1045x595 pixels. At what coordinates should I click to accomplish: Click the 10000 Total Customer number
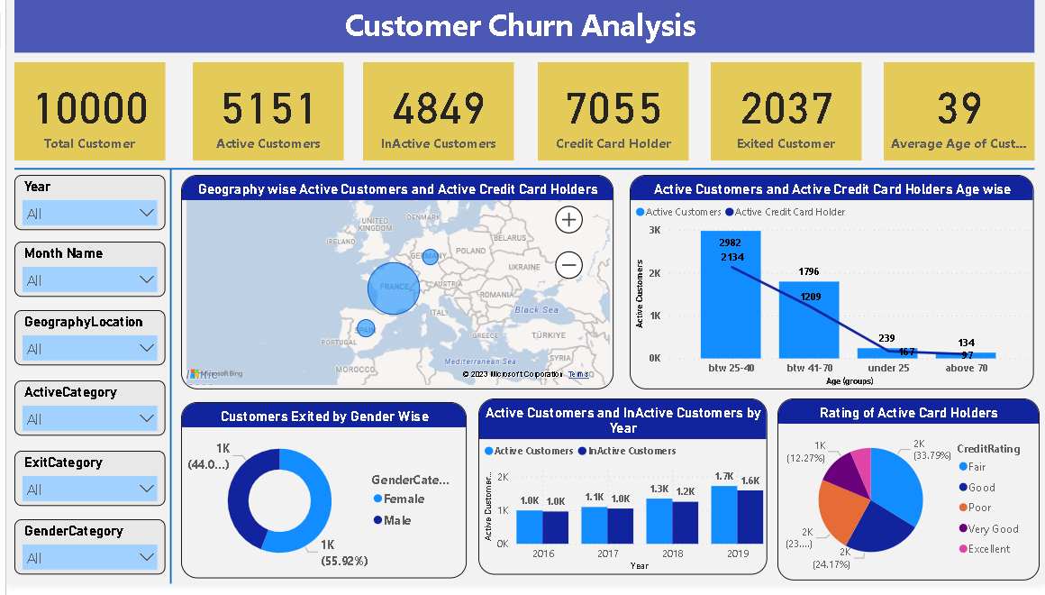[90, 108]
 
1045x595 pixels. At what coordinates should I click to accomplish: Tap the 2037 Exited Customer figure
[786, 108]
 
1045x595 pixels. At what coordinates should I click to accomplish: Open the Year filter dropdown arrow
[148, 214]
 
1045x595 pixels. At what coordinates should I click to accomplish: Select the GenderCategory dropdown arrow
[148, 558]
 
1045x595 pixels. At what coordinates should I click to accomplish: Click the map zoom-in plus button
[569, 219]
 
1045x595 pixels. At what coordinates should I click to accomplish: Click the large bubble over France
[395, 288]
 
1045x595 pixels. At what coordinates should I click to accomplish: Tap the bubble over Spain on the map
[366, 329]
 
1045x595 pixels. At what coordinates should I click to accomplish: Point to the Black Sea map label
[536, 310]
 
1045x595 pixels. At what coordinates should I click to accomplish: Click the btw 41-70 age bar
[809, 320]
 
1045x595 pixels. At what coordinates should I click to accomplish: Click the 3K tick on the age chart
[654, 231]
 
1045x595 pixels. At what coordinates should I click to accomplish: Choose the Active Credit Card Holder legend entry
[790, 212]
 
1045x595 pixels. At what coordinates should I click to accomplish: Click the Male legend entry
[396, 520]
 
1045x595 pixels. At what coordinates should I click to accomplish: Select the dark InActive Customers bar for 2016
[555, 527]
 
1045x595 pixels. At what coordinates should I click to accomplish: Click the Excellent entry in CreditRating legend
[988, 549]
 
